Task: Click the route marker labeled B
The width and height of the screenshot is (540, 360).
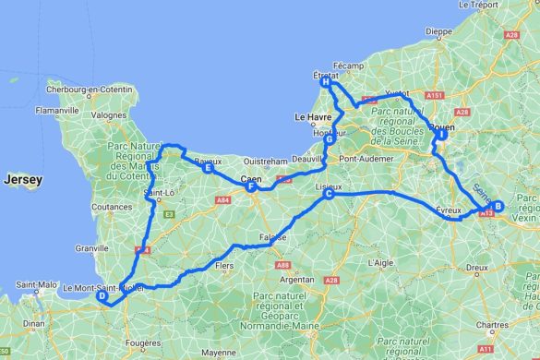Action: [x=498, y=207]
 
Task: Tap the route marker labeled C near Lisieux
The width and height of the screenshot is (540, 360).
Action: [x=329, y=194]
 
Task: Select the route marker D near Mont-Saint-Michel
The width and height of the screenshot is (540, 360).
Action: [x=102, y=296]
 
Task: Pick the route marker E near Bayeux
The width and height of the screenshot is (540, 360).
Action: [x=209, y=169]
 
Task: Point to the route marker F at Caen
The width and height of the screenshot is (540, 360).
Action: [x=250, y=186]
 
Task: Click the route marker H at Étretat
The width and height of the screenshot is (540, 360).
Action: [x=326, y=82]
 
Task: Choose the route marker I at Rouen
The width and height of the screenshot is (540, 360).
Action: [x=442, y=135]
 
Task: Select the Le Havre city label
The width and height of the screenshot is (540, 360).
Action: [x=312, y=117]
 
